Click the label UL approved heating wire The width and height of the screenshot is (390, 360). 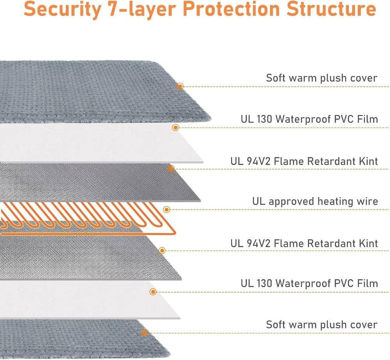tap(315, 201)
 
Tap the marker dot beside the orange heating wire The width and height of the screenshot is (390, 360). tap(167, 210)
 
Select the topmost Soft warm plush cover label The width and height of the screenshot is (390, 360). tap(322, 78)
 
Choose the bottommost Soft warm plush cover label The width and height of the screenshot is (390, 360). tap(322, 325)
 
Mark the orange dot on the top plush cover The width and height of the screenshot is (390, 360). tap(180, 86)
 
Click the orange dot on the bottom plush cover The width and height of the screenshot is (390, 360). tap(145, 333)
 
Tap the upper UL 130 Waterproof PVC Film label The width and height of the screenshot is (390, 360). tap(309, 119)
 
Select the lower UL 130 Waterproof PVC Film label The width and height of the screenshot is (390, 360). tap(309, 283)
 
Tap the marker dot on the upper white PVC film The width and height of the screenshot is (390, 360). tap(176, 127)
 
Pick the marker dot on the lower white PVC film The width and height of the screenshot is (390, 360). tap(153, 291)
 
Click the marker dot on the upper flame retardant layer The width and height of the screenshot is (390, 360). tap(171, 169)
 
